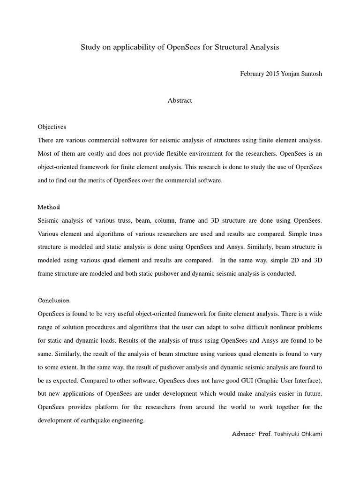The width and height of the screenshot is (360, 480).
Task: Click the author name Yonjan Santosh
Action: (x=305, y=74)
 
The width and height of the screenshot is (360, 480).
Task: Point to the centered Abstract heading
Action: (x=180, y=100)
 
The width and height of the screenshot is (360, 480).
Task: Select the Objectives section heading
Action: (x=52, y=127)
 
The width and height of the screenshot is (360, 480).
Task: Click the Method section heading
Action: (x=49, y=207)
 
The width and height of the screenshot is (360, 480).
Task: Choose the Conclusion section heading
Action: (x=53, y=300)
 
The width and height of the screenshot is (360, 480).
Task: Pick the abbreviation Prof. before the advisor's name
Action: (x=265, y=434)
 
